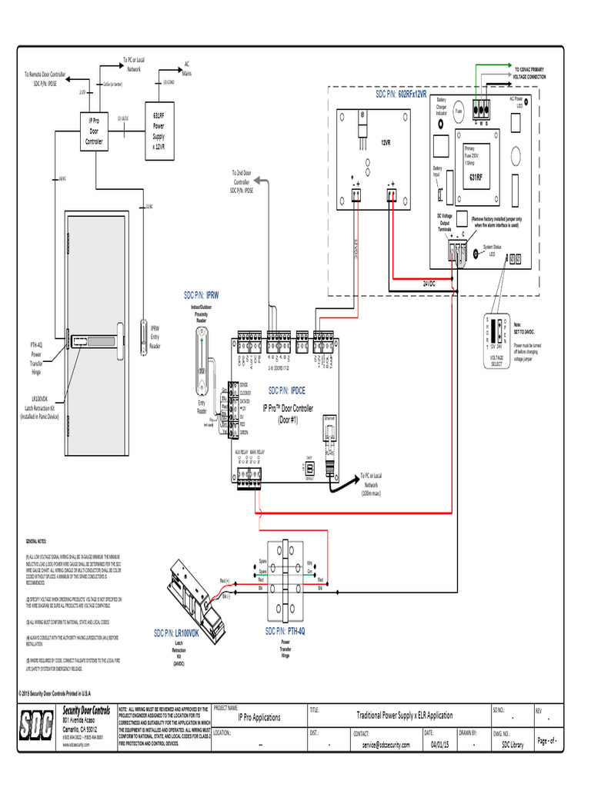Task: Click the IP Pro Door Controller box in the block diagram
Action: click(93, 131)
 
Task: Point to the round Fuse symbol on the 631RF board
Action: click(459, 111)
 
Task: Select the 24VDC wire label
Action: click(429, 284)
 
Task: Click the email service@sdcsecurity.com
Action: click(382, 745)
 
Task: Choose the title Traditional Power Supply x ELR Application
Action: click(404, 715)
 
